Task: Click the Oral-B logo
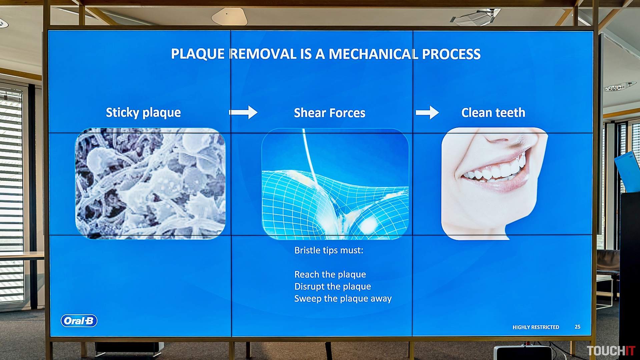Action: (x=79, y=321)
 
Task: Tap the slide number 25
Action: (x=578, y=327)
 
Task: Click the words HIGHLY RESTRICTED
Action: (x=536, y=327)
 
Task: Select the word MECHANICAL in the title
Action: (x=373, y=54)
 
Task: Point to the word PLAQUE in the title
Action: (x=198, y=54)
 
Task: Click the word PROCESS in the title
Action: (x=451, y=54)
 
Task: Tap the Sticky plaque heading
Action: (x=143, y=113)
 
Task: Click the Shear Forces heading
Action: (x=330, y=113)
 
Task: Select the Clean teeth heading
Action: (x=493, y=113)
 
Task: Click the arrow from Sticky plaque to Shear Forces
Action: (x=243, y=112)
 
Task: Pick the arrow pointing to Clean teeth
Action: (x=427, y=112)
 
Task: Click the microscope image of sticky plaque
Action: (x=150, y=184)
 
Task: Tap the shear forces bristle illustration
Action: (x=335, y=184)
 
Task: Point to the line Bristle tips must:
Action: (x=329, y=250)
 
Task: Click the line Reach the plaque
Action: (x=330, y=274)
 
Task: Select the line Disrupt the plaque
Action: (x=333, y=286)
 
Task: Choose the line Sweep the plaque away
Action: (x=343, y=298)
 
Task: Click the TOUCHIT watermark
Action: (x=611, y=351)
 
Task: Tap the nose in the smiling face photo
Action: (x=500, y=137)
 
